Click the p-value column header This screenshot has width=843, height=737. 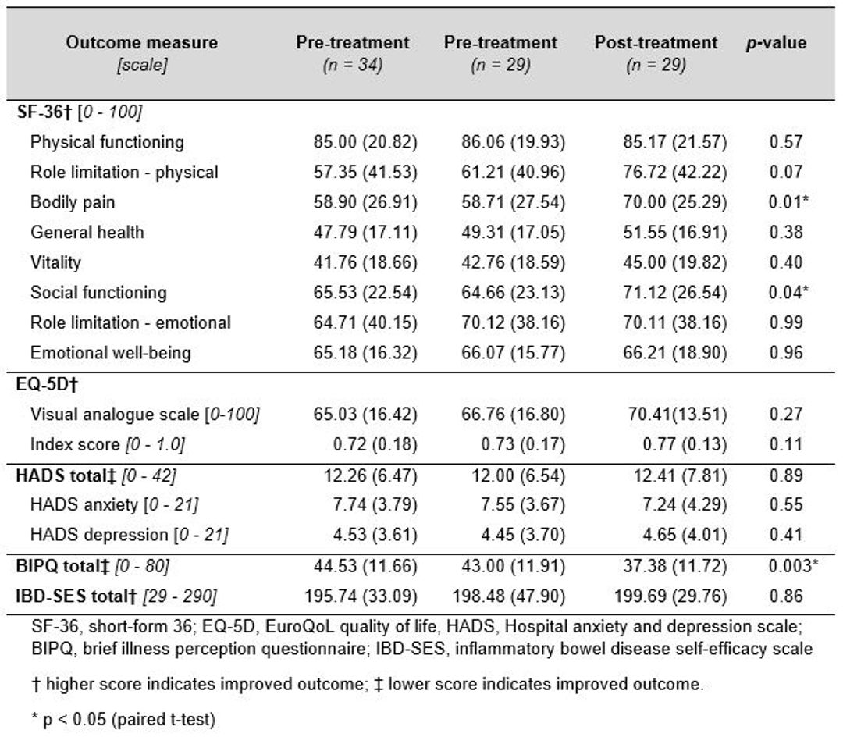(776, 43)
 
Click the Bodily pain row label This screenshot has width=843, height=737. (73, 202)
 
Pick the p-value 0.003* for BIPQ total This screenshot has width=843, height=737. (793, 565)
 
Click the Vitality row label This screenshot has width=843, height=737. (55, 262)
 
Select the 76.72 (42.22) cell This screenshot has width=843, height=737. (674, 172)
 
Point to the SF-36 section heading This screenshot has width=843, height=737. (80, 112)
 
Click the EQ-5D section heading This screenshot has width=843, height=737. (48, 384)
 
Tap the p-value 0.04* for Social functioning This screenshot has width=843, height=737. (788, 293)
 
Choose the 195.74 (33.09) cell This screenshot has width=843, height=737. (361, 596)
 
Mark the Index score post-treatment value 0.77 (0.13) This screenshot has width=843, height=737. (685, 444)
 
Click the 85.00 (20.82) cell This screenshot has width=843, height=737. (365, 142)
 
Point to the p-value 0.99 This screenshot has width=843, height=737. (785, 322)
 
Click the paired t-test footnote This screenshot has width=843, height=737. (123, 719)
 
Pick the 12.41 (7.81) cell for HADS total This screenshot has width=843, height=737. (680, 475)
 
